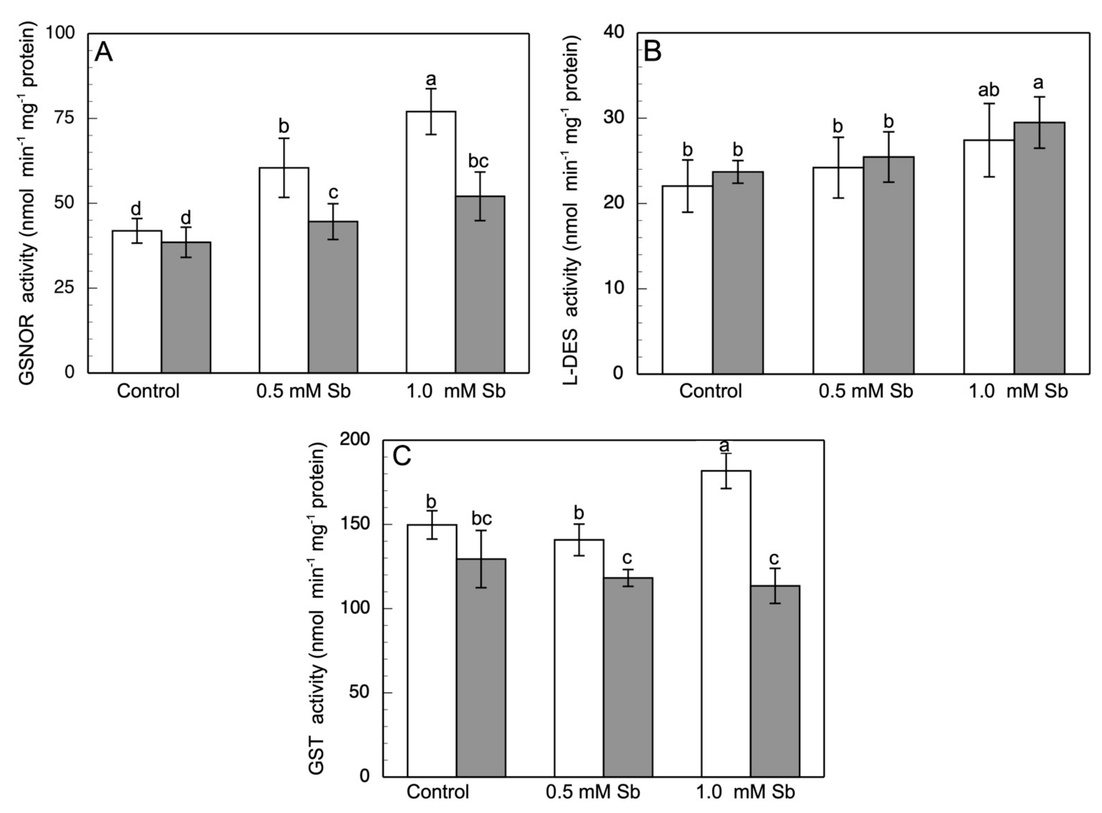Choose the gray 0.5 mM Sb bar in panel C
pos(628,677)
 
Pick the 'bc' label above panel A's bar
pos(478,161)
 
